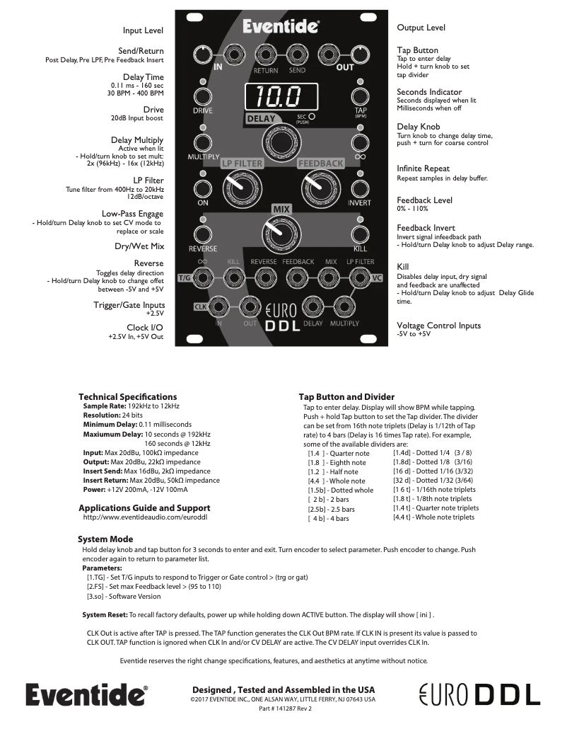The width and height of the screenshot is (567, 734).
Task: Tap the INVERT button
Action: (360, 188)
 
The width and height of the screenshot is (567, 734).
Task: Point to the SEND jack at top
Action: (297, 54)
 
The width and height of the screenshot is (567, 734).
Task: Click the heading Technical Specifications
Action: (127, 396)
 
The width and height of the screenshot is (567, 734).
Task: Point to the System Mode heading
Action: (105, 539)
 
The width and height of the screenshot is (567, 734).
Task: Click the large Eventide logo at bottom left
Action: (87, 694)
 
